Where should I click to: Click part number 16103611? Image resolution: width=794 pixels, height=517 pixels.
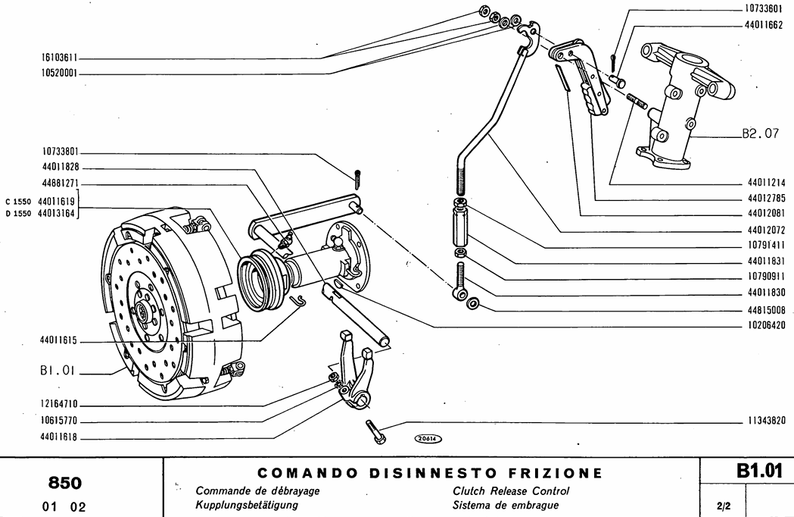tap(60, 58)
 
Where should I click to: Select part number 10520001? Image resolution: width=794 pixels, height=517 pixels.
tap(60, 74)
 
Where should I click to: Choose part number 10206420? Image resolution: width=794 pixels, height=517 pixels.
tap(765, 326)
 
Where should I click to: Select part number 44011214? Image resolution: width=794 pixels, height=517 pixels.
tap(765, 183)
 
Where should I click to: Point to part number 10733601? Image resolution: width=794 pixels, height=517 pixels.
tap(765, 11)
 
